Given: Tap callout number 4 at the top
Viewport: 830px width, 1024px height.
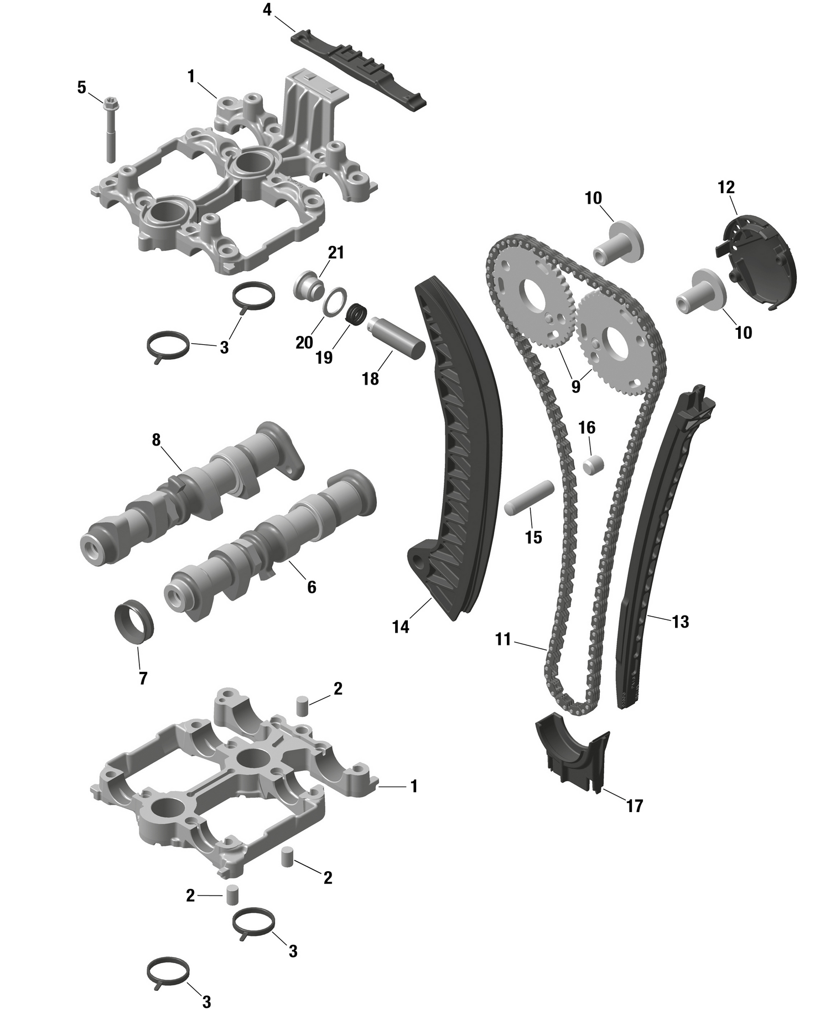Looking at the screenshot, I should coord(267,11).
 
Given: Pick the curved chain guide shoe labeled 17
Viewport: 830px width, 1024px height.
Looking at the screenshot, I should coord(573,753).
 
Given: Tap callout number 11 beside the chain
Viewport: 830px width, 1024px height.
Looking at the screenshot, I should coord(503,640).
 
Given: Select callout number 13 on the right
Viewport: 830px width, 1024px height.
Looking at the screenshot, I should coord(680,622).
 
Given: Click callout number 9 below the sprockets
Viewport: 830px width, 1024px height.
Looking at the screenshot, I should coord(576,386).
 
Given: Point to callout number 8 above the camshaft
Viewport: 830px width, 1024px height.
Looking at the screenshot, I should coord(156,440).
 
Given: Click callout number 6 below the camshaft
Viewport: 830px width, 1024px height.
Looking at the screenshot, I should coord(312,587).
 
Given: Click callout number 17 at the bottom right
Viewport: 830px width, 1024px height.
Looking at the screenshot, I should coord(635,806).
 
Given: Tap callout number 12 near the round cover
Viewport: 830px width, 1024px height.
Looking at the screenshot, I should coord(726,188).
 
